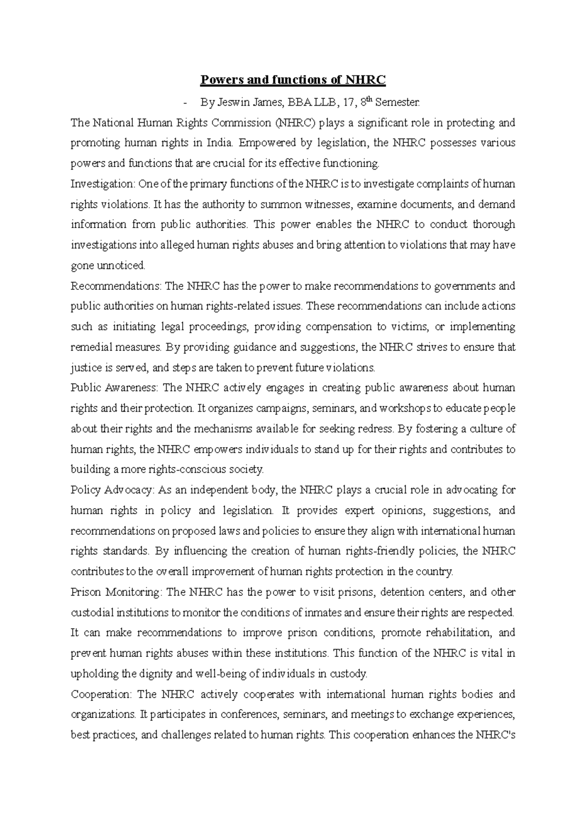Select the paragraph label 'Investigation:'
[103, 184]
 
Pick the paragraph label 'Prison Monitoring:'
[116, 592]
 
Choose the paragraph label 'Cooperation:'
[101, 694]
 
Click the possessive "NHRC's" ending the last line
[495, 735]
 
